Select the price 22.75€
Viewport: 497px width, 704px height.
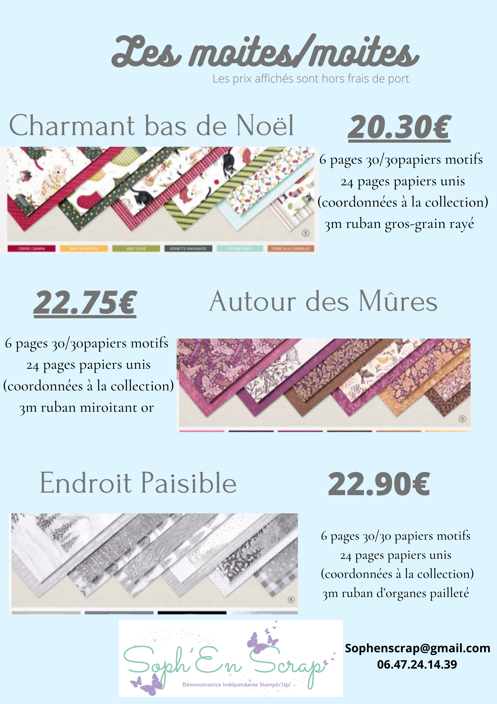[x=85, y=302]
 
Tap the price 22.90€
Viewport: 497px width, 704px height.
[x=379, y=484]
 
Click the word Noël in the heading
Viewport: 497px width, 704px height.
[x=265, y=125]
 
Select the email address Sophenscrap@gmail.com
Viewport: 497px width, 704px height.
[x=417, y=648]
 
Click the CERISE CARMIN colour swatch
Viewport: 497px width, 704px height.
[x=31, y=248]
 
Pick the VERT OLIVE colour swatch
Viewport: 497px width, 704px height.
[x=136, y=248]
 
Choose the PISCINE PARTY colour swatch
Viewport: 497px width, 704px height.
[x=240, y=248]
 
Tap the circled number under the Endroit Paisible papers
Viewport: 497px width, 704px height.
[x=291, y=600]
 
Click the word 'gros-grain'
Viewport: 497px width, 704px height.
[x=415, y=224]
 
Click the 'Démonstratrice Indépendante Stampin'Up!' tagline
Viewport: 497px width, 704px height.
[x=236, y=685]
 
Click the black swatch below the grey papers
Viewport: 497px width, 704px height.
[x=192, y=612]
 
